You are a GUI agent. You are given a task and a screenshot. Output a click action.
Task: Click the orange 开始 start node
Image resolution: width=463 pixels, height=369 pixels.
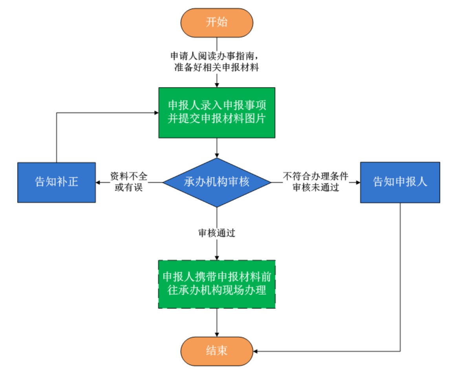[x=217, y=22]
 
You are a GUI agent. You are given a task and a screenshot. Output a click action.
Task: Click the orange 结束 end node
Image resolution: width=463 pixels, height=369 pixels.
[x=217, y=350]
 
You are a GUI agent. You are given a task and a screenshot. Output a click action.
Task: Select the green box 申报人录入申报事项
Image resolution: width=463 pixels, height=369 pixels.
[x=217, y=112]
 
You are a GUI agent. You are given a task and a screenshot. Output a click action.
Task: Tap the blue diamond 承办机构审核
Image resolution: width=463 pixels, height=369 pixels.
[x=217, y=182]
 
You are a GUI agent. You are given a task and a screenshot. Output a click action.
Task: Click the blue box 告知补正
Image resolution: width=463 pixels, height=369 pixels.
[x=57, y=182]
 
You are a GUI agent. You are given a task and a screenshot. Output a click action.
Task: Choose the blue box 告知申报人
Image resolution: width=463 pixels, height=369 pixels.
[x=400, y=182]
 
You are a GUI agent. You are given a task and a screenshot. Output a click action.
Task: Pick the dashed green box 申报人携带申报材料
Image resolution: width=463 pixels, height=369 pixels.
[x=217, y=284]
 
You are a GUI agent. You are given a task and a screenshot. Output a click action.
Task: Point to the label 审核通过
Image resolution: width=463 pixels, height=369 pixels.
[x=217, y=233]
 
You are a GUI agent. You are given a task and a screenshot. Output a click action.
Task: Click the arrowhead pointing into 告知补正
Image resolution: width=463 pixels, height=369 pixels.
[x=99, y=182]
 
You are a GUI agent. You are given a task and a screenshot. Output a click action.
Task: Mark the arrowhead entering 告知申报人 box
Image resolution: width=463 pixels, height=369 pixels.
[x=358, y=182]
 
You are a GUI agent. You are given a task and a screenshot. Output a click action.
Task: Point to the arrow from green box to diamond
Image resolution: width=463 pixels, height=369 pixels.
[x=217, y=148]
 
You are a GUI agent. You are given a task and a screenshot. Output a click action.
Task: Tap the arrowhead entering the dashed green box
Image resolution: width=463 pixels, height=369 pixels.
[x=217, y=257]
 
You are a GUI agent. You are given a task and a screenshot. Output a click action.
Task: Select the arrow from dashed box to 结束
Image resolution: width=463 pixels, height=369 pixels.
[x=217, y=322]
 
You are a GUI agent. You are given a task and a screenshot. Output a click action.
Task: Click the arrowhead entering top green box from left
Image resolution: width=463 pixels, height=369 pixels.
[x=156, y=113]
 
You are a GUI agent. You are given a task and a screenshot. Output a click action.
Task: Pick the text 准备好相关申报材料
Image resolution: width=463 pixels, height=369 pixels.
[x=216, y=67]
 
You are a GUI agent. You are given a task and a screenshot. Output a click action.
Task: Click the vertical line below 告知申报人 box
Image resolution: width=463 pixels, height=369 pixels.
[x=400, y=275]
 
